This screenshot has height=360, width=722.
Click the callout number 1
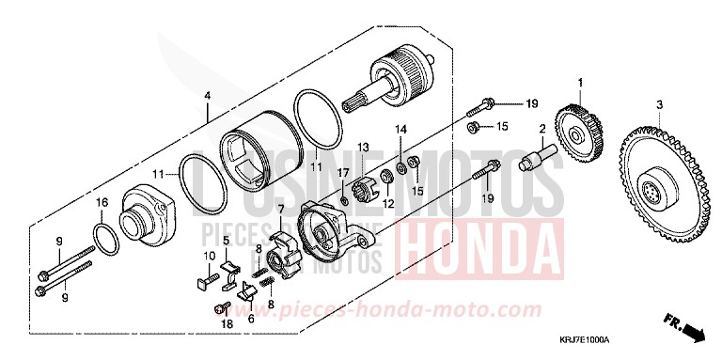point(581,84)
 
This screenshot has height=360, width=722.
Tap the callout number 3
point(660,103)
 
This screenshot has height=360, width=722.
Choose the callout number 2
point(542,128)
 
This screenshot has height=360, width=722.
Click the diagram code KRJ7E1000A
point(581,340)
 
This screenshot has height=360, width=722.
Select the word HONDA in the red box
point(479,243)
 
